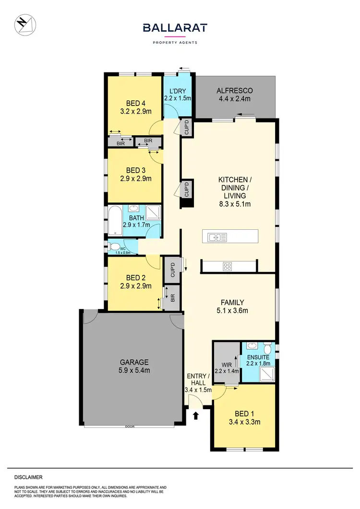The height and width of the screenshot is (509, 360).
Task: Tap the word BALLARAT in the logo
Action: point(175,28)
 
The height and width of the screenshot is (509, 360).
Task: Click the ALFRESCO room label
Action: point(234,91)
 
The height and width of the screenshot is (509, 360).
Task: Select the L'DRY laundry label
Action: point(178,91)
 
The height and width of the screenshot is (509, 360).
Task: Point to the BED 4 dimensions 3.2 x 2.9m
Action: point(136,112)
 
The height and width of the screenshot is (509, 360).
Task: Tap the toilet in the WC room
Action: point(115,247)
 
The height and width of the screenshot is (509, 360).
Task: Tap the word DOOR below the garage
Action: point(128,426)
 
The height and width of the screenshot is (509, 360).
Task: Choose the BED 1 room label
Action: point(244,414)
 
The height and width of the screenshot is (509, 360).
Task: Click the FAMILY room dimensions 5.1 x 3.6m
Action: point(232,311)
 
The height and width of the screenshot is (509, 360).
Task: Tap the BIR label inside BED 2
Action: point(172,297)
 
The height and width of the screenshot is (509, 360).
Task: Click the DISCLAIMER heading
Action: point(28,477)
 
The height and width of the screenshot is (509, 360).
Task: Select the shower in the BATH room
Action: point(153,212)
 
